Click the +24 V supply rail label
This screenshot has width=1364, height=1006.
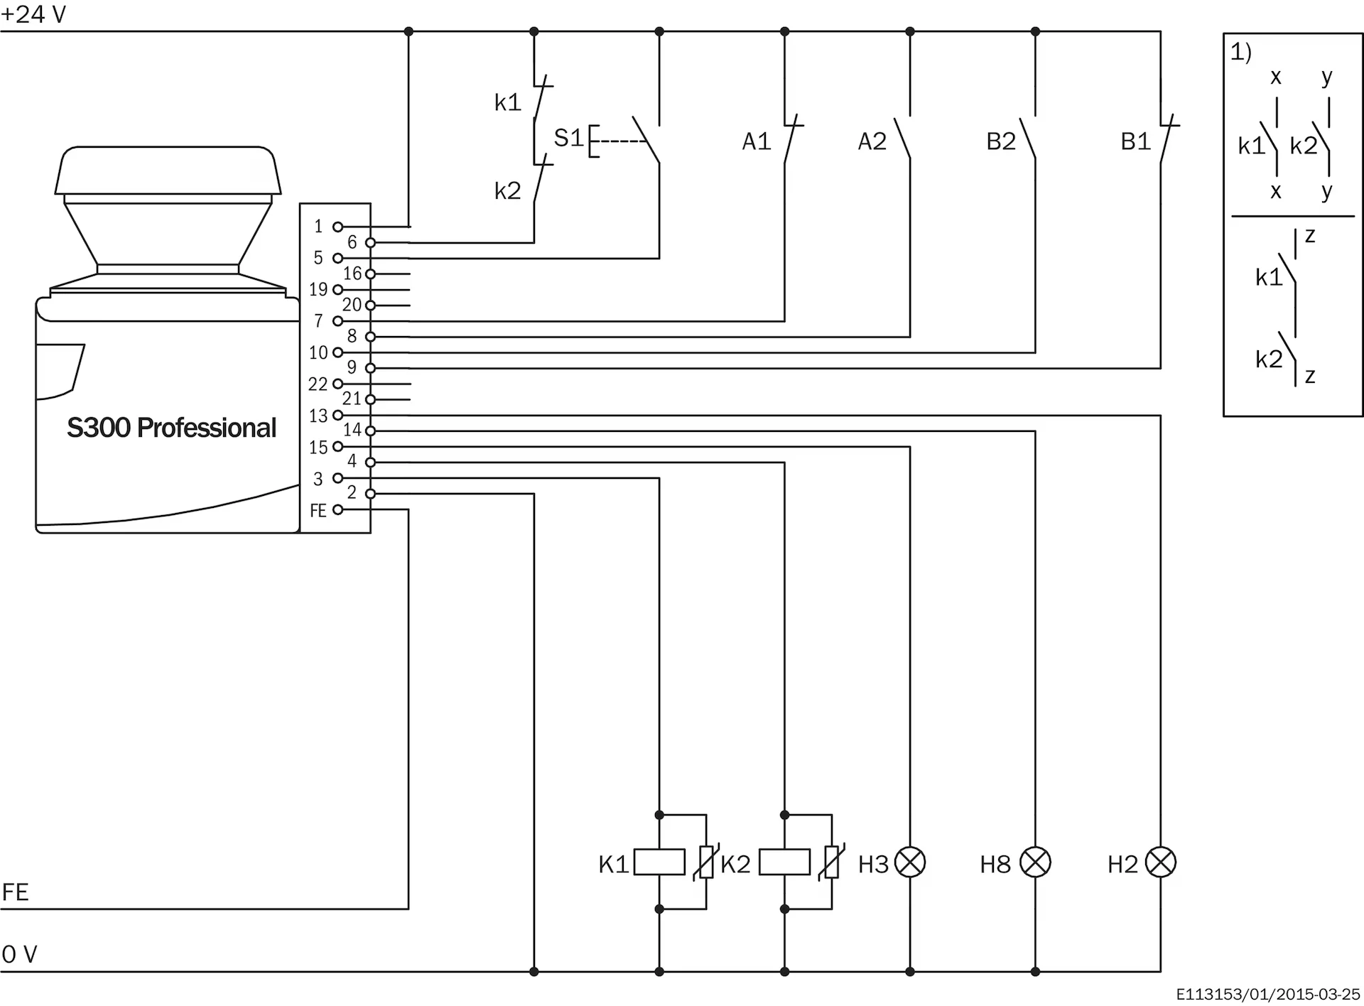coord(33,14)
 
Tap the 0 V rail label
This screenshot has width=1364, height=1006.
coord(19,954)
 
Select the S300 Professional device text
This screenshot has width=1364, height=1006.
coord(171,428)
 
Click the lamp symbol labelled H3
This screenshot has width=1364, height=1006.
coord(910,862)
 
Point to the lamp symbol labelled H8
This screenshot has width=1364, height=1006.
coord(1035,862)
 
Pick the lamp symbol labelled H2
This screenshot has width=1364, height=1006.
coord(1161,862)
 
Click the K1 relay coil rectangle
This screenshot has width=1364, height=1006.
coord(659,862)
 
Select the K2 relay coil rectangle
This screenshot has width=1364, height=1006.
coord(784,862)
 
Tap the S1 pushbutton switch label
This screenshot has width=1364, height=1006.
coord(568,138)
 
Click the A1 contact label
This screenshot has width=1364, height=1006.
coord(757,142)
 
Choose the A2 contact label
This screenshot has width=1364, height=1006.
coord(872,142)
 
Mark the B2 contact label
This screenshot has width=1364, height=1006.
coord(1001,142)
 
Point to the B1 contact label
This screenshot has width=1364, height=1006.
coord(1135,142)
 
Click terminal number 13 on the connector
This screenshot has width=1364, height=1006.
coord(318,416)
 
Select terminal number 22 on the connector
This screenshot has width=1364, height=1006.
coord(318,384)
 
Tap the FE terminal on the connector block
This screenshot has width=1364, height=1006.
coord(318,510)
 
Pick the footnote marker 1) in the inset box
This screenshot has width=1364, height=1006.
coord(1241,52)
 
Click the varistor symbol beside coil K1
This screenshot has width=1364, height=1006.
coord(706,862)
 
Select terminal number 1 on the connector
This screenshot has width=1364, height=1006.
coord(318,227)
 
